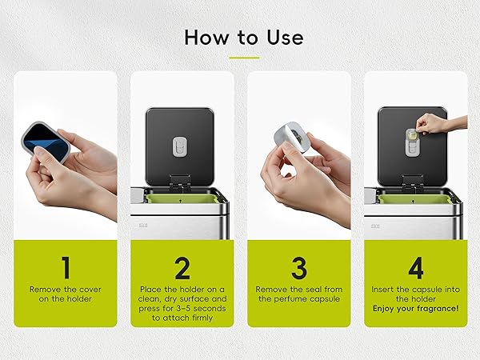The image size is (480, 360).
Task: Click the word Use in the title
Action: click(x=285, y=38)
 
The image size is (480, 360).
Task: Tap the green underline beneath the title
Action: click(x=244, y=58)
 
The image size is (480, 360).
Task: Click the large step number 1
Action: click(x=66, y=268)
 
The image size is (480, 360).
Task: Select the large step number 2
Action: click(x=182, y=268)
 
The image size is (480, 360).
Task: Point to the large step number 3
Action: click(x=298, y=268)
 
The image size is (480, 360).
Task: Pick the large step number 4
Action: click(x=416, y=268)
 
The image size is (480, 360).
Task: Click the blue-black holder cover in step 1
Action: click(x=46, y=142)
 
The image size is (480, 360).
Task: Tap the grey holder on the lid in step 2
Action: click(x=180, y=146)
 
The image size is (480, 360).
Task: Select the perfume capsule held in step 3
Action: click(x=290, y=136)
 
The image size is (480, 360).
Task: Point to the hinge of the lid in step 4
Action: click(x=413, y=182)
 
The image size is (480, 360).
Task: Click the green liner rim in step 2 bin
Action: click(x=182, y=199)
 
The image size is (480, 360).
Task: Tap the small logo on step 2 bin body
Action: click(x=143, y=226)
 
